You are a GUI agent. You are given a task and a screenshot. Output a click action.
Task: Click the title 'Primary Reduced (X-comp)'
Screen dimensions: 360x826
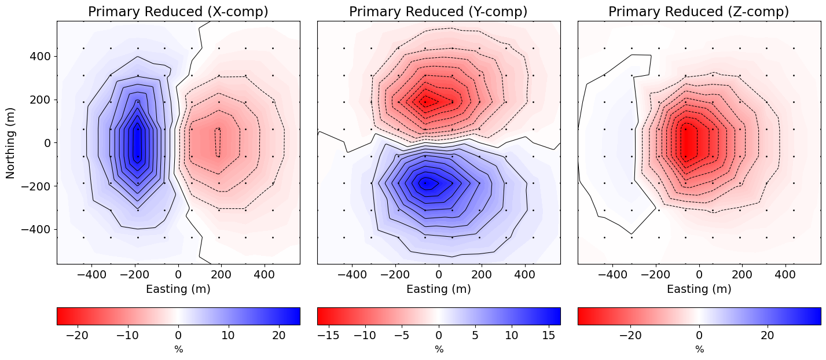(x=178, y=12)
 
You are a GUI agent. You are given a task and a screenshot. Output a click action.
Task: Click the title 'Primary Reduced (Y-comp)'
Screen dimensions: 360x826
(x=438, y=12)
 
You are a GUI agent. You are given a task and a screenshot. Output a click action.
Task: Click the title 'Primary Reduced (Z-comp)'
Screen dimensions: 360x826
(x=699, y=12)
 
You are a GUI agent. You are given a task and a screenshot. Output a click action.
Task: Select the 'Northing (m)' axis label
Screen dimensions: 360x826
(x=11, y=142)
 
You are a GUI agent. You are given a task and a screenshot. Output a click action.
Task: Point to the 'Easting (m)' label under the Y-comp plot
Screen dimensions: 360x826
(x=438, y=289)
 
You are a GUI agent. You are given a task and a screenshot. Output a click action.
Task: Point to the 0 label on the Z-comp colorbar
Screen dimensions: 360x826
(x=699, y=335)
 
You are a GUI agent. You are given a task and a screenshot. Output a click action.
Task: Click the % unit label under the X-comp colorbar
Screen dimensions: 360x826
(x=178, y=350)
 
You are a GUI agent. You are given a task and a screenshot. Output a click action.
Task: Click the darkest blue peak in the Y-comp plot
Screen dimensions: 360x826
(x=427, y=183)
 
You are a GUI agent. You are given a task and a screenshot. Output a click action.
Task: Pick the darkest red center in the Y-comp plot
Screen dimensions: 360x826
(x=426, y=102)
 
